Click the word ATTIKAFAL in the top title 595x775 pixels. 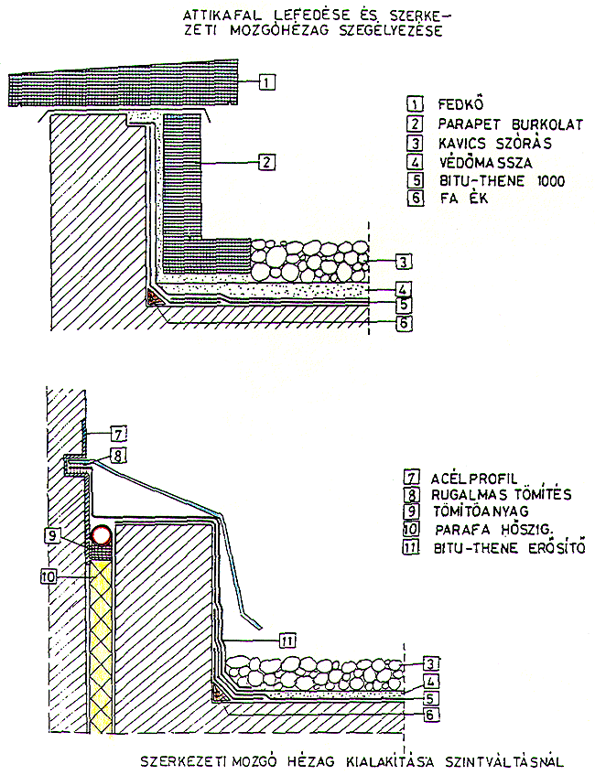[x=217, y=16]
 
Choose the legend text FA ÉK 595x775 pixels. [x=457, y=200]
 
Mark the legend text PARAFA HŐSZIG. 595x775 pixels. [x=487, y=531]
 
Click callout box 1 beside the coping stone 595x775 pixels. [x=265, y=81]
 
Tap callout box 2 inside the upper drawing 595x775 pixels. [x=265, y=163]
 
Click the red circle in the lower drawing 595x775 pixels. [x=102, y=534]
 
